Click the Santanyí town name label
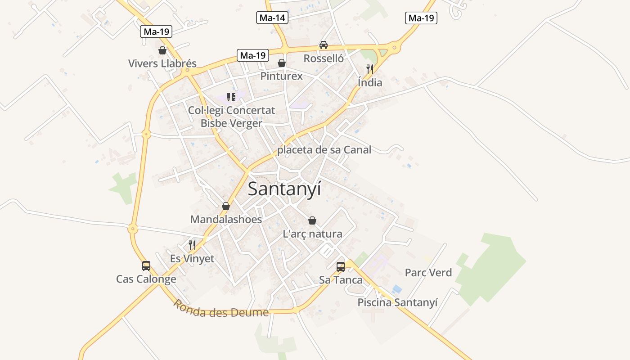[x=284, y=189]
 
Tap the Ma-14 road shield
[x=272, y=18]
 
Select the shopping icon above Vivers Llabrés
[x=162, y=50]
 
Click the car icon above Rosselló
[x=323, y=45]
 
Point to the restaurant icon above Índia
[x=370, y=69]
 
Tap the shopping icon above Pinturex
[x=282, y=63]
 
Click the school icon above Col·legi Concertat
[x=231, y=97]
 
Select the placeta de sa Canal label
[x=324, y=150]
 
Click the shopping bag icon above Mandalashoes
[x=226, y=206]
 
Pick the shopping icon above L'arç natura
[x=312, y=220]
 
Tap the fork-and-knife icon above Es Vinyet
[x=192, y=245]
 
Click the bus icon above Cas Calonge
[x=146, y=265]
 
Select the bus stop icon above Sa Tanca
[x=341, y=266]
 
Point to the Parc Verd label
[x=428, y=273]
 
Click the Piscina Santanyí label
[x=397, y=302]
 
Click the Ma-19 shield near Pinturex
[x=253, y=55]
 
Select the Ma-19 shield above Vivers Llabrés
[x=156, y=31]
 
